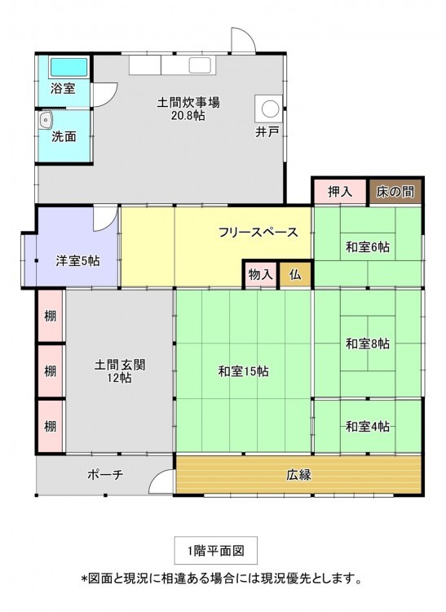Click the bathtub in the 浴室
(x=68, y=67)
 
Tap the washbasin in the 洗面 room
(x=46, y=119)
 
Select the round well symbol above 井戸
(x=270, y=109)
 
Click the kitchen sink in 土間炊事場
(x=200, y=65)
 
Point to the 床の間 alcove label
(x=395, y=192)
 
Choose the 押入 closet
(x=340, y=192)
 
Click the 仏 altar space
(x=295, y=275)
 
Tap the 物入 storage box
(x=260, y=275)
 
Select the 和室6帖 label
(x=368, y=247)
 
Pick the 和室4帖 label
(x=368, y=426)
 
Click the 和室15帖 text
(x=243, y=370)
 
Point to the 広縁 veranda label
(x=299, y=475)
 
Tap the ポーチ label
(x=105, y=475)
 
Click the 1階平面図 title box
(x=215, y=550)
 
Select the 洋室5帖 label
(x=77, y=261)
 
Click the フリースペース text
(x=258, y=233)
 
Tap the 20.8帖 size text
(x=188, y=116)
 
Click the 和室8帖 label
(x=368, y=344)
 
